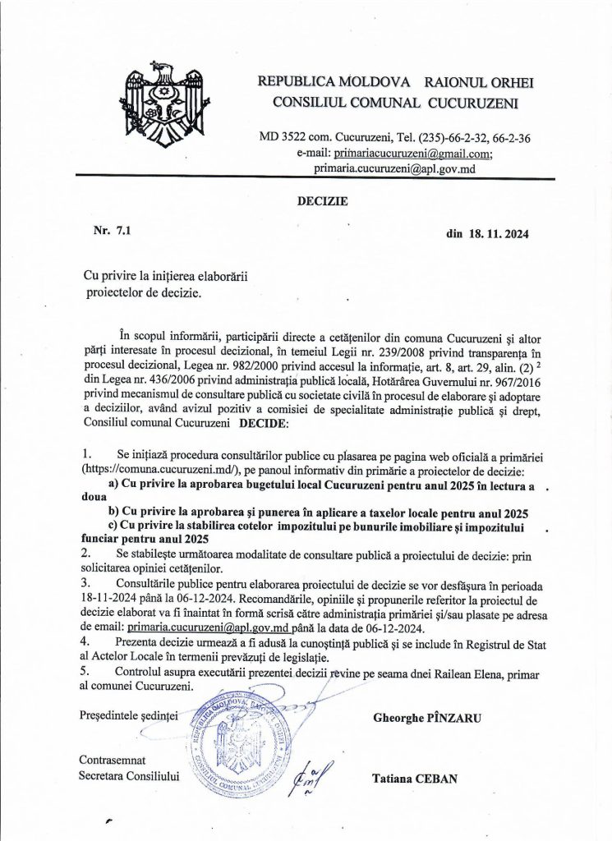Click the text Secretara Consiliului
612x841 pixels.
[x=128, y=774]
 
